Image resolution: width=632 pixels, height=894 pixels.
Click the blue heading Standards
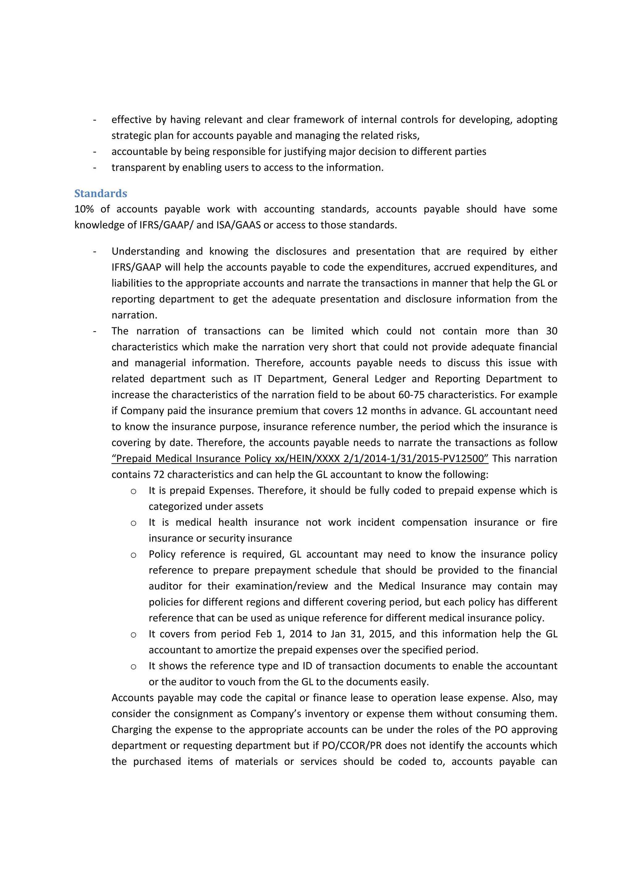[x=101, y=193]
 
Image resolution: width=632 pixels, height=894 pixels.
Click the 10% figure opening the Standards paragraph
[x=84, y=209]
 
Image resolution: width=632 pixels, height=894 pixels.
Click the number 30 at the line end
[x=551, y=331]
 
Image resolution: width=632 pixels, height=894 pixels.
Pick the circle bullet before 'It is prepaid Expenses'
[x=133, y=491]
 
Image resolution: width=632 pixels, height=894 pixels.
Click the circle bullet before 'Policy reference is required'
[x=133, y=555]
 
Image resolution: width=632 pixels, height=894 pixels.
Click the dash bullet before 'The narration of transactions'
[x=95, y=331]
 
